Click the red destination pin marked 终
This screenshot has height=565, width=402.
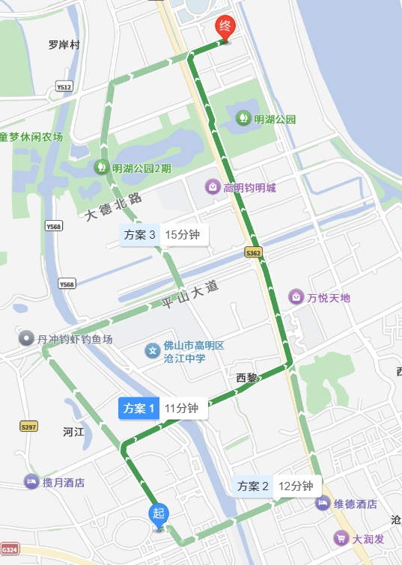point(225,28)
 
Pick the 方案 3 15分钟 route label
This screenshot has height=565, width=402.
point(164,235)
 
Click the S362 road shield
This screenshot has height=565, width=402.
point(254,254)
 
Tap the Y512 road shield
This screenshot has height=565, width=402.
point(64,88)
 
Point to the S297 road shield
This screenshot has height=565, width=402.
point(28,427)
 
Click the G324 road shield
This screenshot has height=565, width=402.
point(10,550)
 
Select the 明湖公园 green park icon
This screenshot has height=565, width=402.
point(243,118)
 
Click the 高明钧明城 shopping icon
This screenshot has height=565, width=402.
point(213,187)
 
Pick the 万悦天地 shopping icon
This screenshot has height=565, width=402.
point(296,298)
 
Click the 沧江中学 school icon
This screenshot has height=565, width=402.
point(153,350)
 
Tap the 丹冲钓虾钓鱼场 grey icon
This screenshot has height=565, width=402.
point(27,339)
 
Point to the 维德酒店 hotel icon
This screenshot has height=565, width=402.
point(323,504)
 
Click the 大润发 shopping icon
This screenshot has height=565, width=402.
point(341,538)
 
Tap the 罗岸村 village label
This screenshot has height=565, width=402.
point(64,45)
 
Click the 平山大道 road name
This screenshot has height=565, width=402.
point(192,295)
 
